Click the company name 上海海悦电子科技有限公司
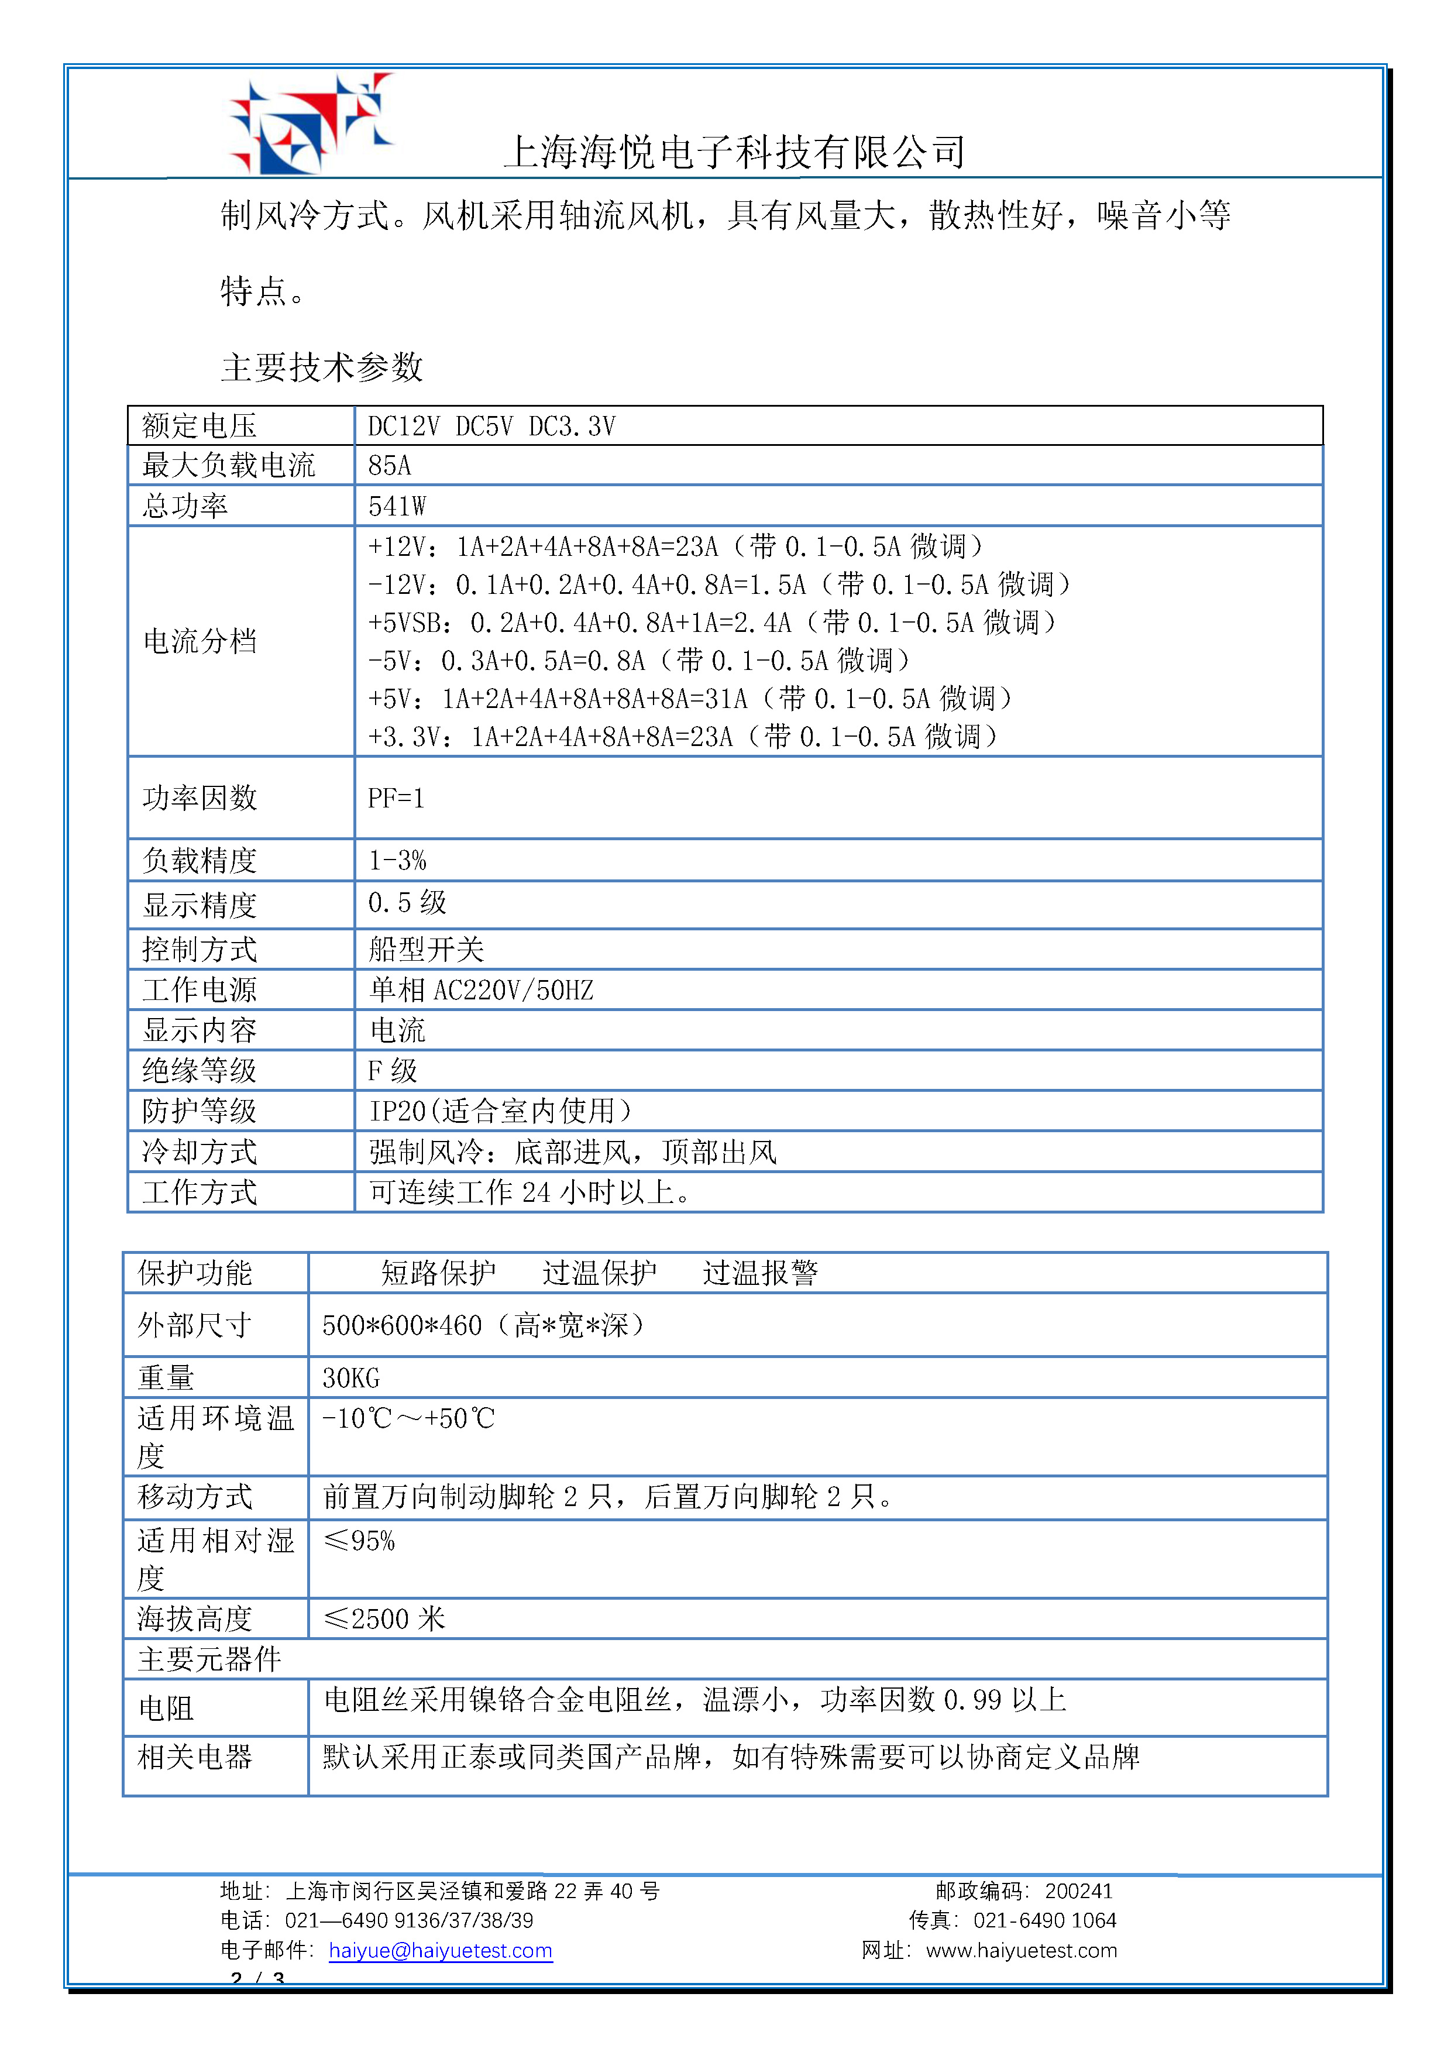734,152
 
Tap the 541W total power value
397,507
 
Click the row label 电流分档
200,641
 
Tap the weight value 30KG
350,1378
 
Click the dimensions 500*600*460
402,1325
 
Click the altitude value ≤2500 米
384,1618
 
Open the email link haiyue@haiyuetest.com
441,1951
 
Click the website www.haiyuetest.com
1021,1951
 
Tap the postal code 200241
1078,1891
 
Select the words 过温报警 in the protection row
761,1273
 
